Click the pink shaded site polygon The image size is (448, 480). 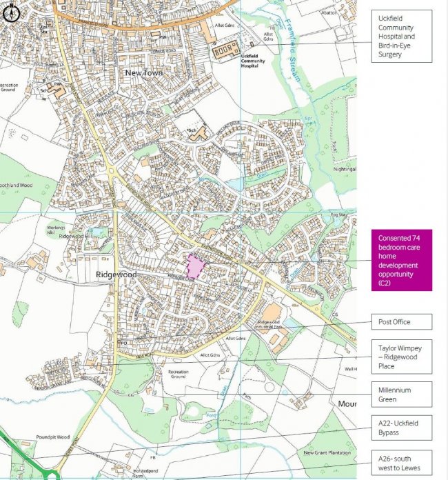[x=196, y=266]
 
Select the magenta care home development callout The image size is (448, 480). [x=401, y=260]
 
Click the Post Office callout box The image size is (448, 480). [x=401, y=321]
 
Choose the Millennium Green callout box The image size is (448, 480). [x=401, y=394]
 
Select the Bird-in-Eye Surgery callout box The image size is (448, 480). [x=401, y=36]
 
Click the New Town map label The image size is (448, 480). [x=143, y=72]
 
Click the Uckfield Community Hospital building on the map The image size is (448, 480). [x=227, y=50]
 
